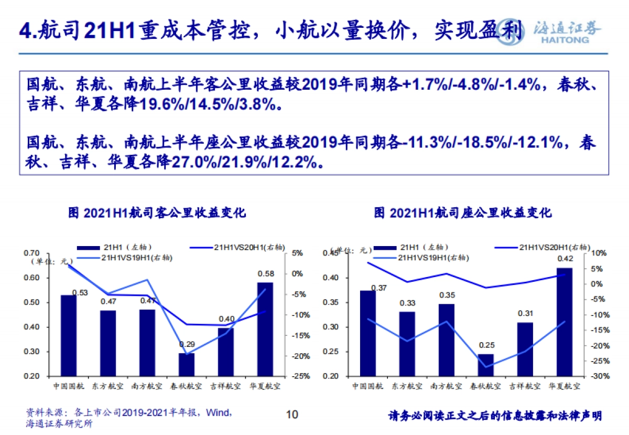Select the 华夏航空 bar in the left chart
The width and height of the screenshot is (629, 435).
(265, 329)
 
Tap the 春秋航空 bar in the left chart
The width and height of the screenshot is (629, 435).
(187, 364)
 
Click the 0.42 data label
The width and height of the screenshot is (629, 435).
(565, 258)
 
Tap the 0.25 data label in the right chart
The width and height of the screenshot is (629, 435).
(486, 345)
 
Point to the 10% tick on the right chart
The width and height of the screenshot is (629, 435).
(598, 253)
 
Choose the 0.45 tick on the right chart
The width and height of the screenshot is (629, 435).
(331, 254)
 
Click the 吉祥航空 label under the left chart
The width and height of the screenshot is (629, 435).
(226, 387)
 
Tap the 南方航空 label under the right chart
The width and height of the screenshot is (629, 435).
(446, 387)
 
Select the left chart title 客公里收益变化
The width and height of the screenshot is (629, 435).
(157, 213)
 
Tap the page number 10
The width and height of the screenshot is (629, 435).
(292, 415)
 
